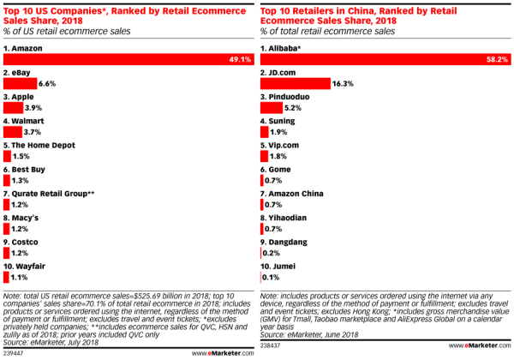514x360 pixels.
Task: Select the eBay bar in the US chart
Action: pyautogui.click(x=20, y=85)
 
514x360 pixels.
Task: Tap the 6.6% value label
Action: pyautogui.click(x=47, y=85)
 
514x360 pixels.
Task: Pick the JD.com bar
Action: pyautogui.click(x=296, y=85)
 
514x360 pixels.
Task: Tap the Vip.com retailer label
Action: pyautogui.click(x=284, y=146)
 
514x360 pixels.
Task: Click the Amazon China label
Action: pyautogui.click(x=295, y=195)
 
